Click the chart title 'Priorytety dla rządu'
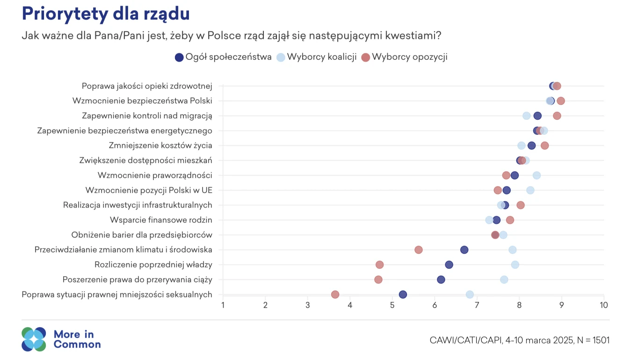(106, 14)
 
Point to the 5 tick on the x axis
(392, 305)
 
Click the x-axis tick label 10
(603, 305)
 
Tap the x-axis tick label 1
(223, 305)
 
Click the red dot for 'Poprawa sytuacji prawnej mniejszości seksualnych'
(335, 295)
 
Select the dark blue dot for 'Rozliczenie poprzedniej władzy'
(449, 265)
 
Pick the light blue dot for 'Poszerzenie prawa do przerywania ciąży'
(504, 280)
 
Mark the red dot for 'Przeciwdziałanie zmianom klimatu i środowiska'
(419, 250)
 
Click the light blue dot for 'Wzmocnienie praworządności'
(537, 175)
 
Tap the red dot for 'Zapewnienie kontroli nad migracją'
(557, 115)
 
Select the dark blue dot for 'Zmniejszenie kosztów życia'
(531, 145)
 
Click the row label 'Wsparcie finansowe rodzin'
(161, 220)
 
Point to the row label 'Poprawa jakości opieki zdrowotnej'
(147, 86)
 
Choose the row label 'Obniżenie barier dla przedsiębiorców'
(142, 235)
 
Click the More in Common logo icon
(34, 339)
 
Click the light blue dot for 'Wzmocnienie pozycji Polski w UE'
(530, 190)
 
